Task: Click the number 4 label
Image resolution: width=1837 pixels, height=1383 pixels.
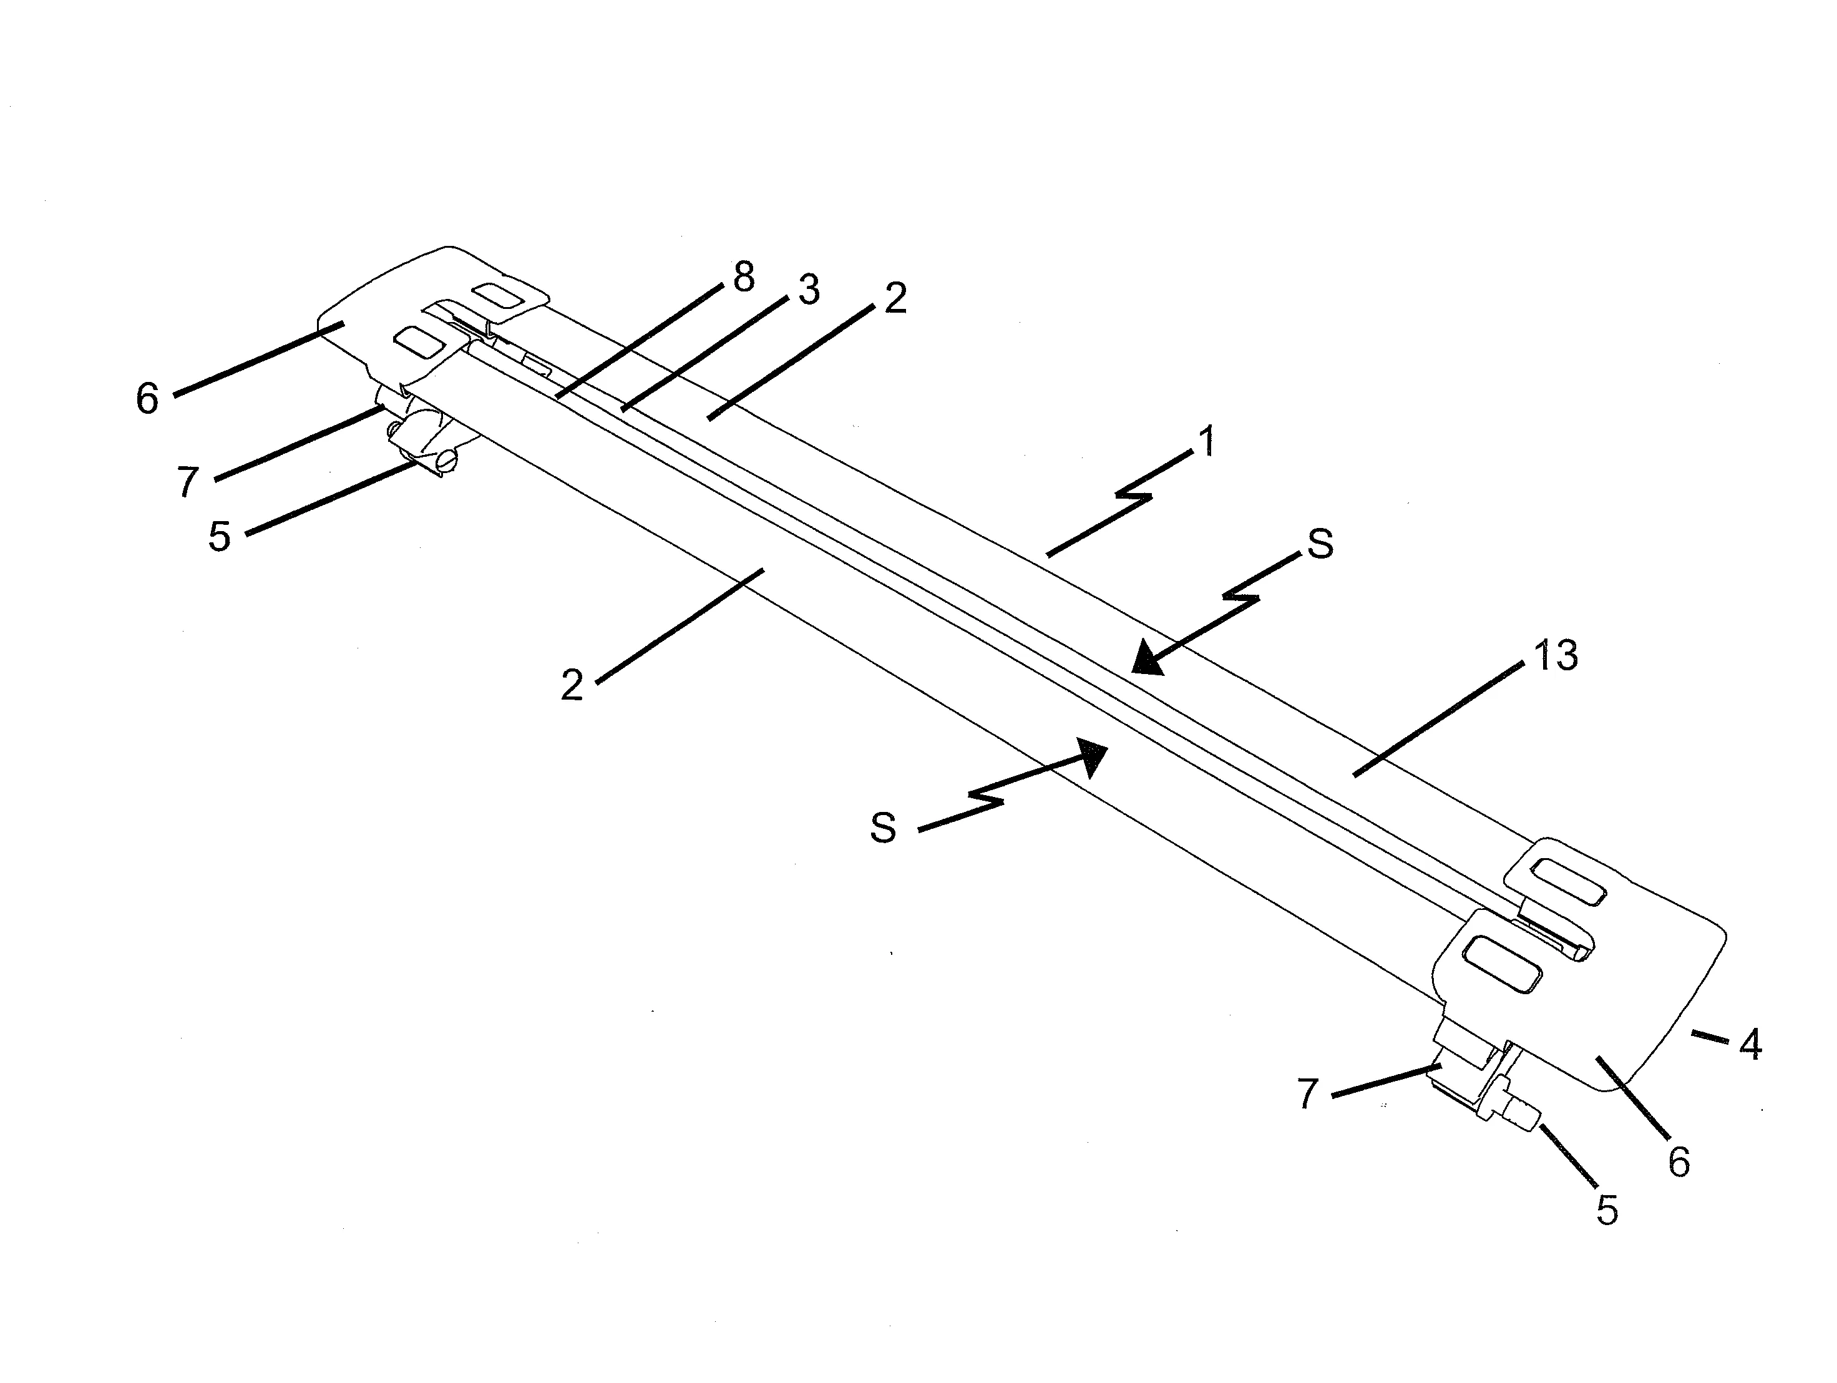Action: point(1750,1044)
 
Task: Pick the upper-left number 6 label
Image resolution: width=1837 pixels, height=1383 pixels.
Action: point(147,399)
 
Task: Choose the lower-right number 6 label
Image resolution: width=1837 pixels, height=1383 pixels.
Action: point(1679,1162)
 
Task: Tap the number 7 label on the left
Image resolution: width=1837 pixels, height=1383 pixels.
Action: point(188,482)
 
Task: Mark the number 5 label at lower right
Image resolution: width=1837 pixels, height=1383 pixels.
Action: point(1607,1211)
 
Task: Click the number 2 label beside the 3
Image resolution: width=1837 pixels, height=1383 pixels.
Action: point(895,298)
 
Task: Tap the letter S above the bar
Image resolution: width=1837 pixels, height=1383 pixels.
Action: point(1320,544)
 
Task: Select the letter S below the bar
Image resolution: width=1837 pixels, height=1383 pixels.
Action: point(883,828)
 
